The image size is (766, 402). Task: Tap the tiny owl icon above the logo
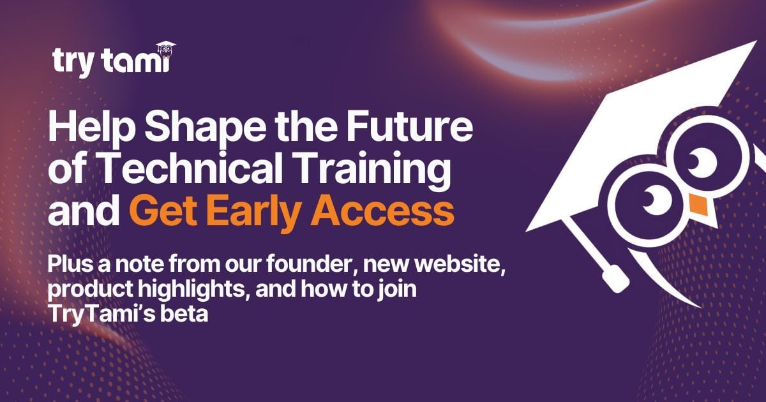(166, 49)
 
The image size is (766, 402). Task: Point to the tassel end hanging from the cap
(613, 278)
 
